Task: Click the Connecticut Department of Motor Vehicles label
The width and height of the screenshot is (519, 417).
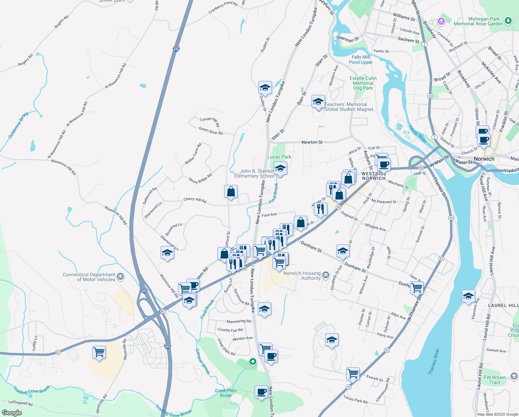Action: point(89,277)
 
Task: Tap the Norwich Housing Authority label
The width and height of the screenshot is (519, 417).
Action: point(302,276)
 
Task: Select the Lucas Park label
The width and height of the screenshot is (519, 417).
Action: point(279,157)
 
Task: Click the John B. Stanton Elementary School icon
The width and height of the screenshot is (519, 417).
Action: point(280,169)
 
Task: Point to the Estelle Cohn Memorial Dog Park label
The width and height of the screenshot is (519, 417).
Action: point(363,83)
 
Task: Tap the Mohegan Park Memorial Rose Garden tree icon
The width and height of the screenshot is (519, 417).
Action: point(508,21)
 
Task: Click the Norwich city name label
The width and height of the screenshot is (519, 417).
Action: point(484,159)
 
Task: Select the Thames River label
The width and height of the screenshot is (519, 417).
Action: point(434,361)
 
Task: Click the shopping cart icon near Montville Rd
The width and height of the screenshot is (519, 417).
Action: point(99,352)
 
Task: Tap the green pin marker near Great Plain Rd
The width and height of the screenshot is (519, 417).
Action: point(253,362)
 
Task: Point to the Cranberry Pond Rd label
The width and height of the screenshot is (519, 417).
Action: point(223,8)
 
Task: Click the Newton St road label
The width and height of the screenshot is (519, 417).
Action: point(312,142)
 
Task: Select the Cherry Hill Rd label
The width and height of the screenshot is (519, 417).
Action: point(195,200)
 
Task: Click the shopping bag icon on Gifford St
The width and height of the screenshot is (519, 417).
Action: point(231,192)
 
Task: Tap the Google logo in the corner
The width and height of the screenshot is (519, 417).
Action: point(11,413)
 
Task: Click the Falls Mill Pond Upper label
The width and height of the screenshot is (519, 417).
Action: point(361,59)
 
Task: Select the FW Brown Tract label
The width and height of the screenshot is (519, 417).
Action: point(495,380)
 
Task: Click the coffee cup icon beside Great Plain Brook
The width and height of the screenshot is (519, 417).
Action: point(261,392)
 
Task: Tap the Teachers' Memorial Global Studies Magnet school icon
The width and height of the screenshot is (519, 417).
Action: point(318,102)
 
